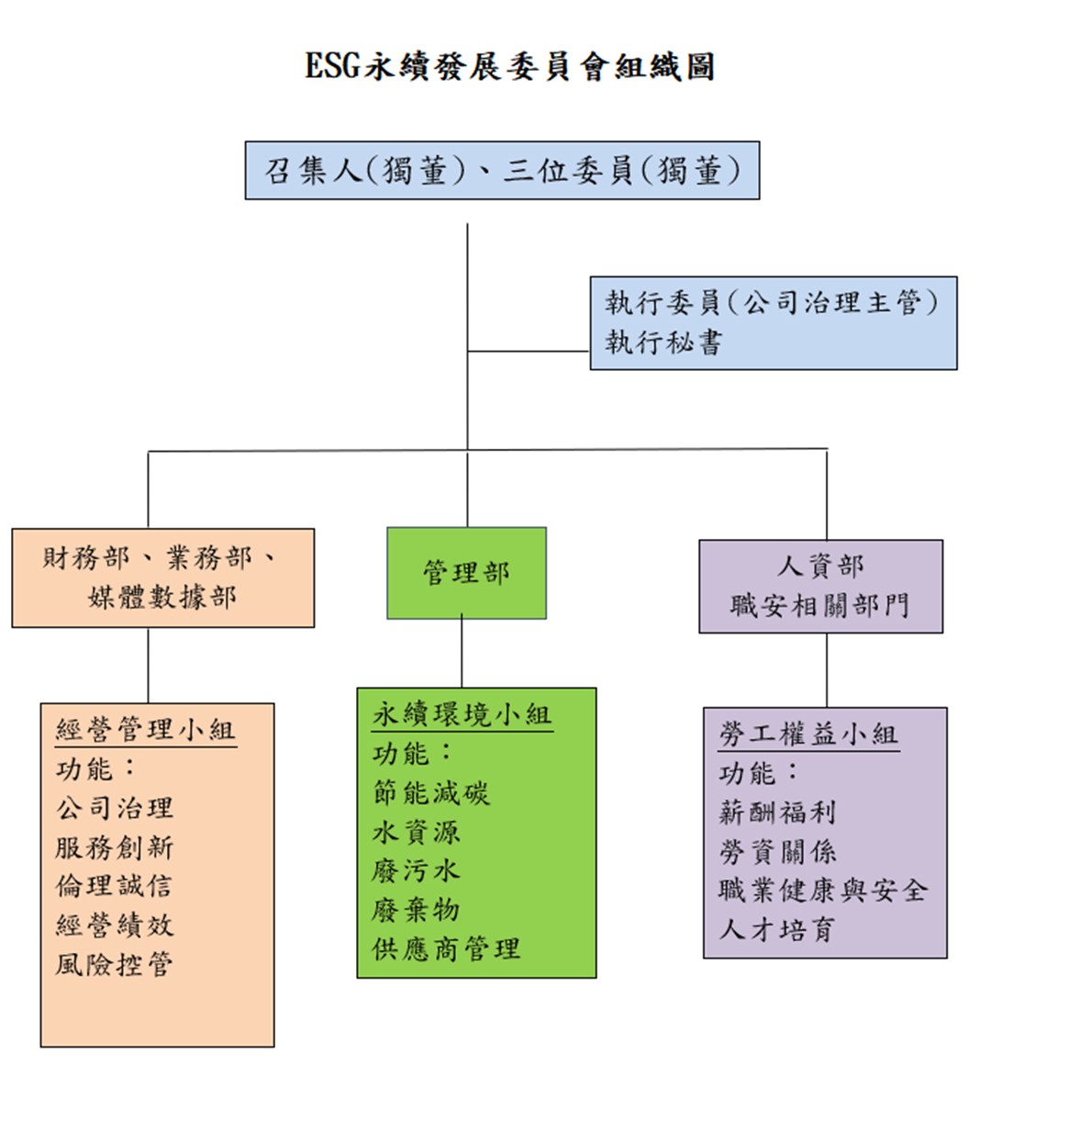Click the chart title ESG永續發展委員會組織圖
coord(509,67)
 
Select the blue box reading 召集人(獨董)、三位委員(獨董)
coord(502,171)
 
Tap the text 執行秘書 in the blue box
coord(663,343)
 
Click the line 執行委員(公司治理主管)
coord(771,303)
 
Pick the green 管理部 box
coord(466,573)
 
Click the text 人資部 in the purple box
coord(820,566)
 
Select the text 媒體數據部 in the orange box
coord(162,598)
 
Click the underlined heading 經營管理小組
coord(145,730)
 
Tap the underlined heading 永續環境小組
coord(462,715)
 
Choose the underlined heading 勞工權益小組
coord(808,734)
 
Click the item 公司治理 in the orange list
coord(115,809)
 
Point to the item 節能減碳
coord(431,793)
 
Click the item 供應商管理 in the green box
coord(446,949)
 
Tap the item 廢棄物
coord(416,910)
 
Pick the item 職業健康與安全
coord(823,891)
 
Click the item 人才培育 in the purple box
coord(776,930)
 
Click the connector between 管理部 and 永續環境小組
coord(462,653)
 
